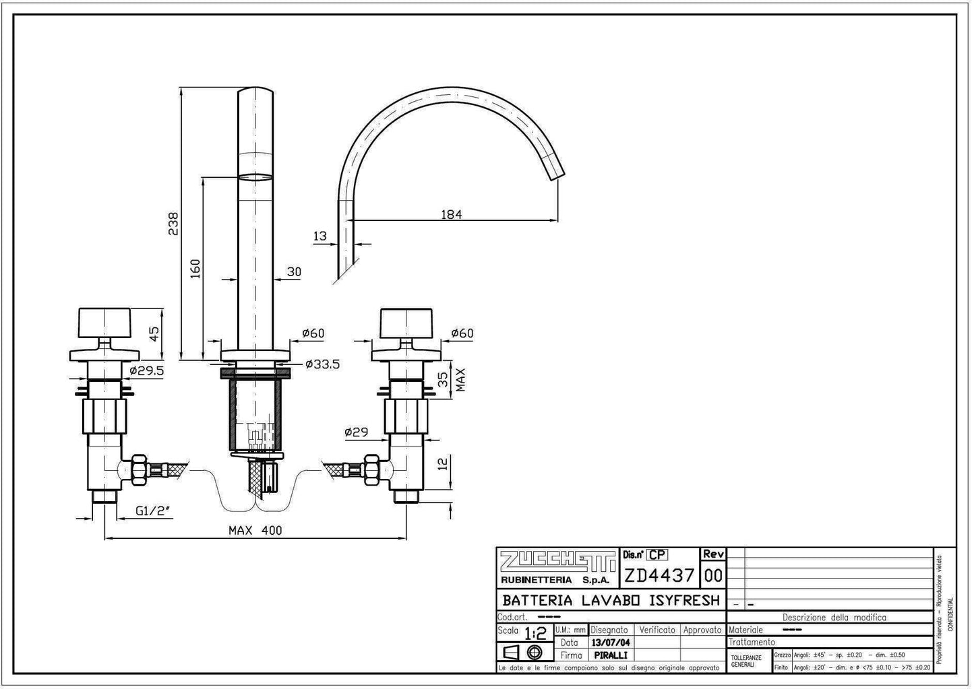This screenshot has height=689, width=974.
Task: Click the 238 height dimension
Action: [173, 224]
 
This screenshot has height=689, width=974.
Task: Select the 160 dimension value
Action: [195, 268]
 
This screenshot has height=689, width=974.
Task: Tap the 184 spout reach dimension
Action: [451, 214]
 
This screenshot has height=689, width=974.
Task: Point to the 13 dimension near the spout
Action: [320, 236]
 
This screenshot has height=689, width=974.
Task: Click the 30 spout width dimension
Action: [294, 272]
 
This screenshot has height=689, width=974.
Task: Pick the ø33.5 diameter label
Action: [322, 364]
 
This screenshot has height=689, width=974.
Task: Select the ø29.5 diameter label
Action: [146, 370]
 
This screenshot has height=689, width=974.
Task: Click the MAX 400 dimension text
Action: [255, 531]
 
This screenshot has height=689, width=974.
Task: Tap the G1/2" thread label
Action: [153, 511]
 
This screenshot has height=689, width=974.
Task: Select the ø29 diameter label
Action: [356, 432]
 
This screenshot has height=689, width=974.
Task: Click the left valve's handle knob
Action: [103, 323]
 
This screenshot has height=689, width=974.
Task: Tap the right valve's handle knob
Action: [405, 323]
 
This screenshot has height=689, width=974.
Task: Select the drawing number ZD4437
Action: [659, 576]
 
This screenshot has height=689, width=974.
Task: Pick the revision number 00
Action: [713, 576]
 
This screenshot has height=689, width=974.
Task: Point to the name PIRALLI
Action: [611, 655]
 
